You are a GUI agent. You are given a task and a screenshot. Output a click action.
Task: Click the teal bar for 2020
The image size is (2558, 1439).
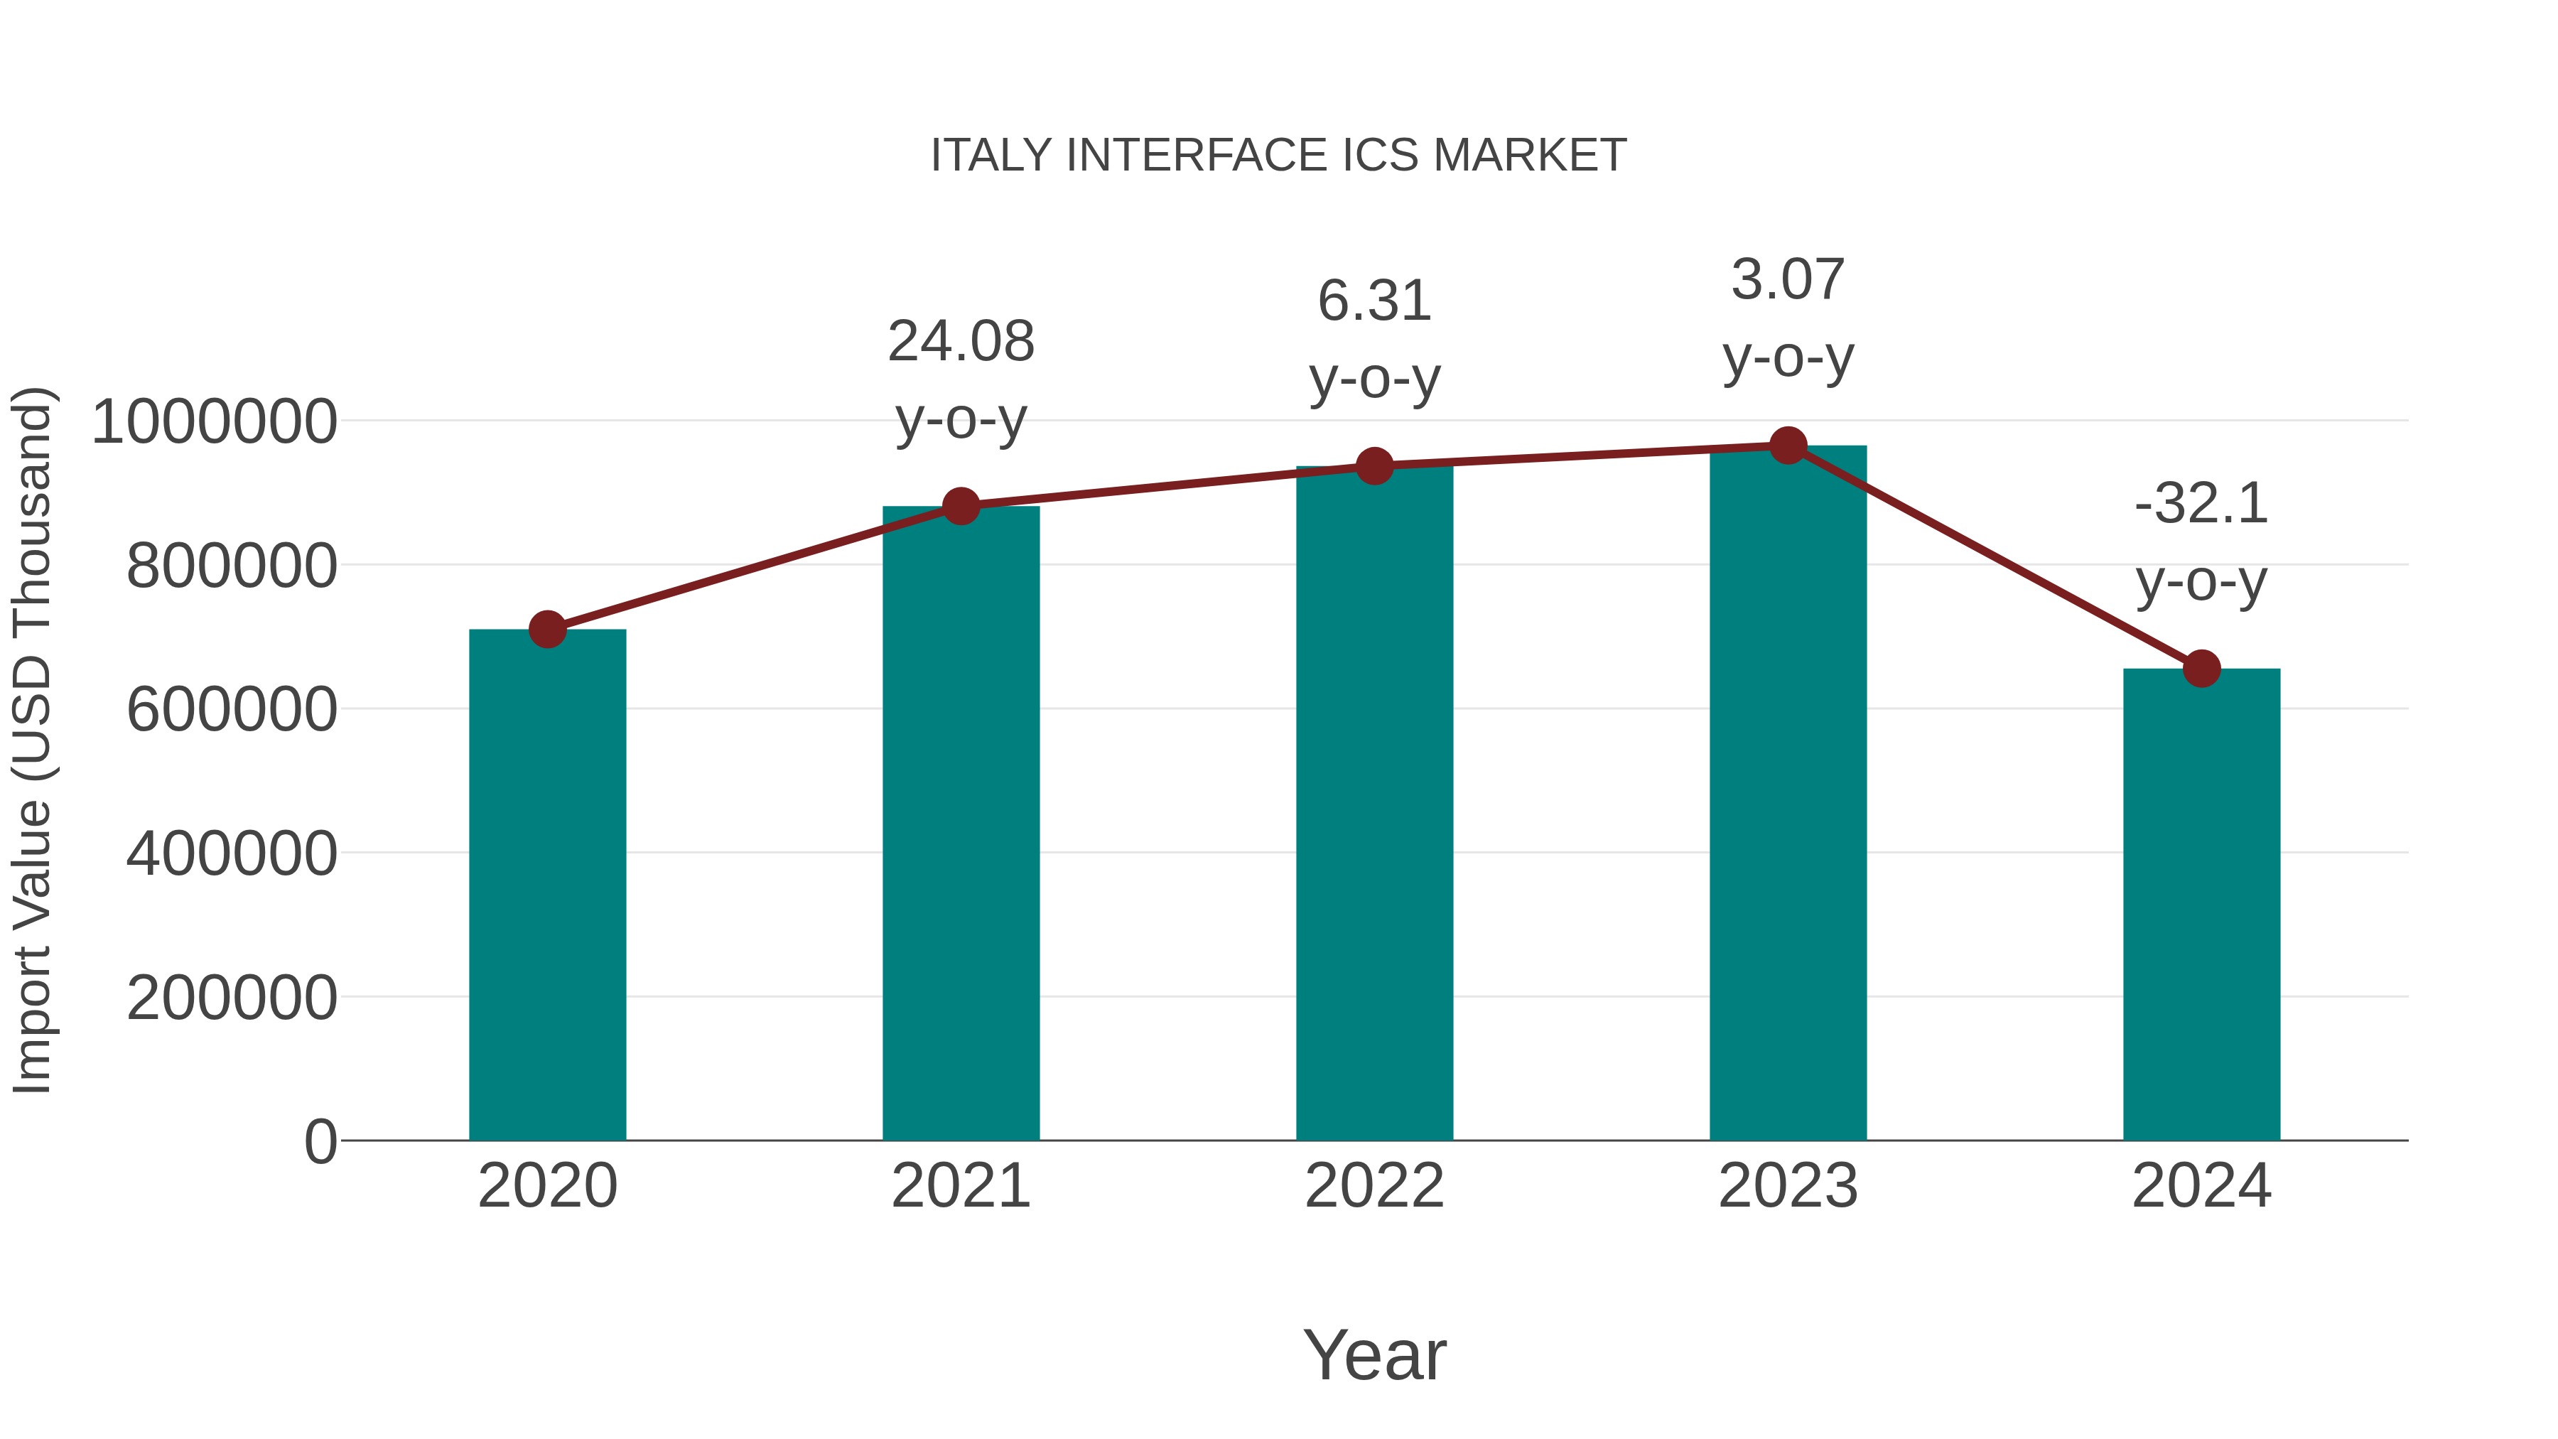pyautogui.click(x=547, y=884)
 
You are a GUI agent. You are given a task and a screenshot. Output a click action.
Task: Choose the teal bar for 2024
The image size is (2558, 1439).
pyautogui.click(x=2201, y=904)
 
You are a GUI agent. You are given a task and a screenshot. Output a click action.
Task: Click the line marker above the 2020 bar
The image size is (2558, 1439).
pyautogui.click(x=547, y=629)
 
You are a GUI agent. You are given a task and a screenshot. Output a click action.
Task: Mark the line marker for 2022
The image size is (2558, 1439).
pyautogui.click(x=1374, y=465)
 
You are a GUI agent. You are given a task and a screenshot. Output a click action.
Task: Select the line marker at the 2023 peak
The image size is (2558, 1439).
pyautogui.click(x=1788, y=446)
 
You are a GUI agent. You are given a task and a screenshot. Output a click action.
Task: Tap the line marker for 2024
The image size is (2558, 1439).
pyautogui.click(x=2201, y=669)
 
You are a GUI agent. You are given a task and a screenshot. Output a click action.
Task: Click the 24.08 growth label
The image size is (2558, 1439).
pyautogui.click(x=960, y=342)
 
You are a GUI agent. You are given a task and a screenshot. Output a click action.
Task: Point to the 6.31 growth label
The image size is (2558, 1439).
pyautogui.click(x=1374, y=301)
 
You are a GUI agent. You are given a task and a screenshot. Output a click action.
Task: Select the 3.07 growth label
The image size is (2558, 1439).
pyautogui.click(x=1788, y=280)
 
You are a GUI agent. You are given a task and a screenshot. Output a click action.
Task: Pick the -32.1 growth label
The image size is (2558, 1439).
pyautogui.click(x=2201, y=504)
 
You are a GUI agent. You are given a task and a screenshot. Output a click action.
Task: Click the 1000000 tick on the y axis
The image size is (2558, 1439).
pyautogui.click(x=213, y=421)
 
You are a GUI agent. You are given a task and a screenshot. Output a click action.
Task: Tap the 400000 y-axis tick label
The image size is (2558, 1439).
pyautogui.click(x=232, y=853)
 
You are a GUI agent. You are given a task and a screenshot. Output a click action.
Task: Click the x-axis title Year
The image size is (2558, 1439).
pyautogui.click(x=1374, y=1354)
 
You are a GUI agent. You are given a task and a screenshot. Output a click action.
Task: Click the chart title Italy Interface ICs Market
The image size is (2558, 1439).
pyautogui.click(x=1278, y=156)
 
